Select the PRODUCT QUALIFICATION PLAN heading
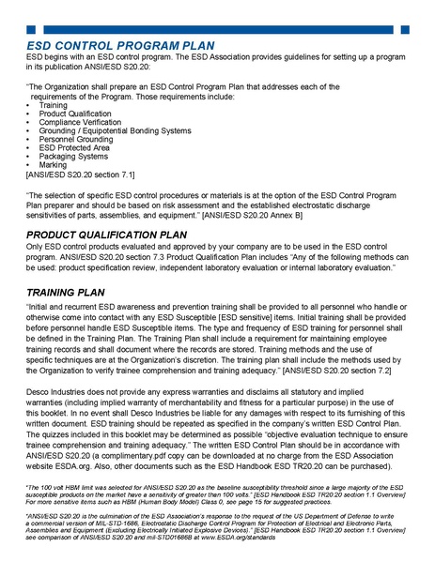coord(113,234)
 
